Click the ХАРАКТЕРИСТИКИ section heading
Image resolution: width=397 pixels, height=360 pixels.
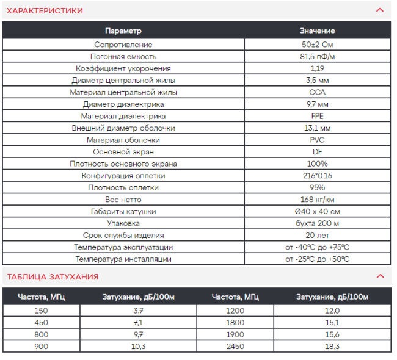(45, 10)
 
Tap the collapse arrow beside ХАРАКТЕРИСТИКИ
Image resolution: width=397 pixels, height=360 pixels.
(380, 10)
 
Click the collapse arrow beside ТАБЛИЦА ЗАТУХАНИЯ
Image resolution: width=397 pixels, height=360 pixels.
(380, 276)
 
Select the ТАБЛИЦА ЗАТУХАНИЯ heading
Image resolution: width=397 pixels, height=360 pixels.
(53, 276)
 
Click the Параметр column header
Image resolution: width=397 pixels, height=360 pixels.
(123, 31)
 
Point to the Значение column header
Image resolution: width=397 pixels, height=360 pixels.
(317, 31)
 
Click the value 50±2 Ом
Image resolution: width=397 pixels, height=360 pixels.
(317, 45)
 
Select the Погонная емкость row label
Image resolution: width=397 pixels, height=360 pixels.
(123, 57)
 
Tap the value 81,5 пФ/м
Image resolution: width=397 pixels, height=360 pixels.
(317, 57)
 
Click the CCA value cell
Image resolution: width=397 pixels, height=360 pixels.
(317, 92)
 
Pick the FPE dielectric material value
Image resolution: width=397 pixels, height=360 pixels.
(317, 116)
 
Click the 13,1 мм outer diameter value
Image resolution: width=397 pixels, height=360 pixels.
(317, 128)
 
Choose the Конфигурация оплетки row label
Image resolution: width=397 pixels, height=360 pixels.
(123, 176)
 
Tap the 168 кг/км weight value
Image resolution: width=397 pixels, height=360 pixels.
(317, 200)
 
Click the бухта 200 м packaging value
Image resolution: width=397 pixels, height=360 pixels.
(317, 223)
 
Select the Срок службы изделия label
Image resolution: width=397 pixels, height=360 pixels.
(123, 235)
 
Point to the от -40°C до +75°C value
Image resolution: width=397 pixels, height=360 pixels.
(317, 247)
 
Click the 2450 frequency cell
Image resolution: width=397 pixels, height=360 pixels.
(235, 346)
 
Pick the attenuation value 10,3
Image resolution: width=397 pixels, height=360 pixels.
(138, 346)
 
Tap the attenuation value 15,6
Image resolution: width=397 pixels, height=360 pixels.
(332, 334)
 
